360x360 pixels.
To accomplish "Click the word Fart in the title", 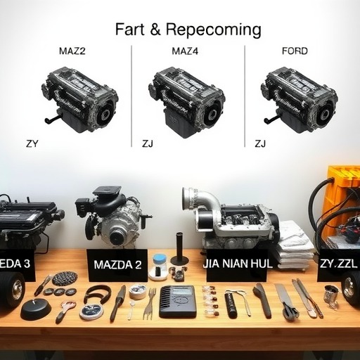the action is (130, 30).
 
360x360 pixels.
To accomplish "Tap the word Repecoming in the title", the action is (213, 30).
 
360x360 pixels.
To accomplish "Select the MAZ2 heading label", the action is (72, 51).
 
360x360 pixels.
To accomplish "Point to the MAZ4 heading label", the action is (185, 51).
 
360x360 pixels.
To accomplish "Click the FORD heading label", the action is (295, 51).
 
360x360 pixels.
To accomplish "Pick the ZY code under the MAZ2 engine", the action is (32, 143).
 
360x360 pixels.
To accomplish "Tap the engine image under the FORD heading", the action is (299, 100).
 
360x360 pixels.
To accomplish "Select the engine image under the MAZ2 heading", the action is (80, 100).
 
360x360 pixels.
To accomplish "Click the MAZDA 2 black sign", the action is (117, 265).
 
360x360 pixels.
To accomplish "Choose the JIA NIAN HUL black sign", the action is (237, 264).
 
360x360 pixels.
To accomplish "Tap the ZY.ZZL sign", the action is (338, 264).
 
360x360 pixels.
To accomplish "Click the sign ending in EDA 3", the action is (17, 264).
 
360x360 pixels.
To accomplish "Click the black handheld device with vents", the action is (178, 302).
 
